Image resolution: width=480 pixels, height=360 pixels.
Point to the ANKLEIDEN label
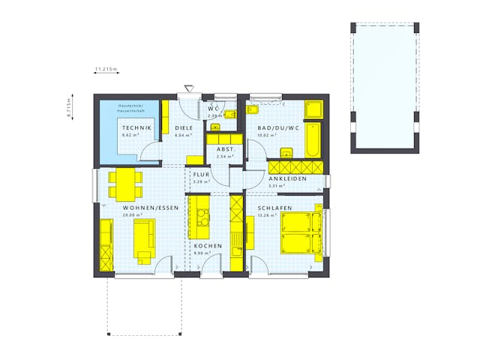[288, 179]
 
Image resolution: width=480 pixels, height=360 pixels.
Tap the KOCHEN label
[206, 246]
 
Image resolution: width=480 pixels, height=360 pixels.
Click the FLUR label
[201, 175]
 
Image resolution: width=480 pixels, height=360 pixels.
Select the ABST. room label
[226, 148]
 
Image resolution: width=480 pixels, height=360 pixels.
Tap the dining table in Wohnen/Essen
[124, 180]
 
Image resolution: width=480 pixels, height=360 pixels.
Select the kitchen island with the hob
[202, 217]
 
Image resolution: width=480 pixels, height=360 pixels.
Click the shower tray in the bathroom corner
[313, 109]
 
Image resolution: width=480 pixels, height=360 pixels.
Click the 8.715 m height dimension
[69, 106]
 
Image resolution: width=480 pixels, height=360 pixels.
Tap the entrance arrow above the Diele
[188, 88]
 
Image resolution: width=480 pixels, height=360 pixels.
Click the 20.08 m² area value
[131, 214]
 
